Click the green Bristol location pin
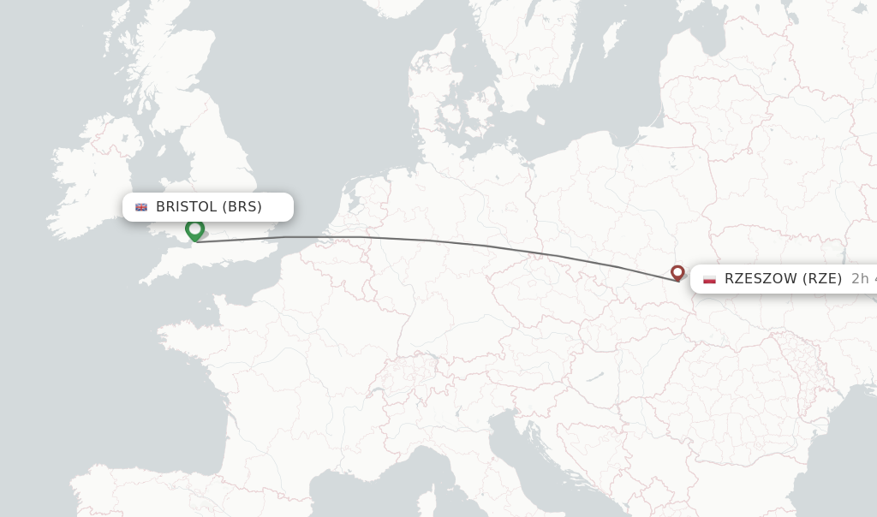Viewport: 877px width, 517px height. click(x=194, y=229)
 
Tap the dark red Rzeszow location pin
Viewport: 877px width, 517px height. click(x=677, y=272)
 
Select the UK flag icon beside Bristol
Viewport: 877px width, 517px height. click(x=141, y=207)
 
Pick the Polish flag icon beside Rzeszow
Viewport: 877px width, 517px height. click(x=709, y=279)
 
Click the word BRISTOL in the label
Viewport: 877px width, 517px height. click(x=187, y=207)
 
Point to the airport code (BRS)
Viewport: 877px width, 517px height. click(x=242, y=207)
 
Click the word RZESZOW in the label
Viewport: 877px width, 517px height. click(x=759, y=278)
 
